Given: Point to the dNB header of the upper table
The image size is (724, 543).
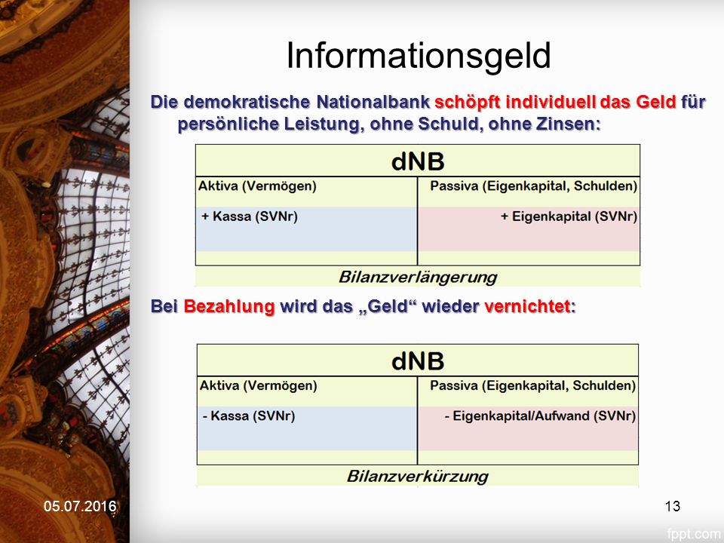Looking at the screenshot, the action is [418, 161].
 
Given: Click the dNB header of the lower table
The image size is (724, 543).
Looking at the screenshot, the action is [418, 360].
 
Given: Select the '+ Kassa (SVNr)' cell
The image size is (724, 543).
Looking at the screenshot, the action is [250, 216].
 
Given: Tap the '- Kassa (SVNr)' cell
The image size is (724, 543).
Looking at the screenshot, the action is [248, 416].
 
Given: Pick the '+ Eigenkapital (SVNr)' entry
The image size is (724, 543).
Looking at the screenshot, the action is [569, 216].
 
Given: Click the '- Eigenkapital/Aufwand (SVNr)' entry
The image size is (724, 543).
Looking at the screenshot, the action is [540, 416].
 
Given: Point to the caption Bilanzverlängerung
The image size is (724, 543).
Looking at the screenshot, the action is [418, 277].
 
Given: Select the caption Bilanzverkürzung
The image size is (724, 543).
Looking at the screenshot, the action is [418, 476].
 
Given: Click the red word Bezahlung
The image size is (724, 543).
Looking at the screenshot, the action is [229, 307].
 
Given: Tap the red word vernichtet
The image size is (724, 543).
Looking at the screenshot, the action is [527, 306].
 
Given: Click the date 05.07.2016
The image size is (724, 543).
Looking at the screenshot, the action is [80, 506].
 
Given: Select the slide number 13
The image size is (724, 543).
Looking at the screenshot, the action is [672, 506].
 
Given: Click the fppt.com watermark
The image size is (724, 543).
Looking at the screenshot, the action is [694, 534].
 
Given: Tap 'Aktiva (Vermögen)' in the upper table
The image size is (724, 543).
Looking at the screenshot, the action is [258, 186].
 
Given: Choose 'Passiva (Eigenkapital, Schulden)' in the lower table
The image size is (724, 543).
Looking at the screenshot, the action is [533, 385].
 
